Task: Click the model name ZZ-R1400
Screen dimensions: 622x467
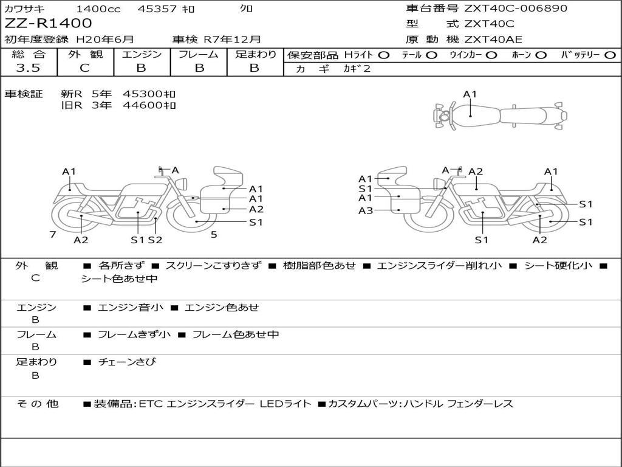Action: pyautogui.click(x=48, y=23)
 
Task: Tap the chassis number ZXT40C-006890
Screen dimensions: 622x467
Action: pyautogui.click(x=516, y=8)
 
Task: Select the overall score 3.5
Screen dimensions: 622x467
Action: pyautogui.click(x=28, y=68)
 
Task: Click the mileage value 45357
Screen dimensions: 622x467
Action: pyautogui.click(x=157, y=9)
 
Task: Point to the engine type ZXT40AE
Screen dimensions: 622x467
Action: pyautogui.click(x=493, y=40)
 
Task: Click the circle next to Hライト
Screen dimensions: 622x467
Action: pyautogui.click(x=384, y=55)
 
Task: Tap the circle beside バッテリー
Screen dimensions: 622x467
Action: pyautogui.click(x=610, y=55)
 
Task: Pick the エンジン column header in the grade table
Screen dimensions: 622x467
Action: pyautogui.click(x=142, y=54)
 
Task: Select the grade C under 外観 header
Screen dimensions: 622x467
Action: pyautogui.click(x=85, y=68)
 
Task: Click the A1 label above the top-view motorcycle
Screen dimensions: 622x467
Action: pyautogui.click(x=470, y=94)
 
